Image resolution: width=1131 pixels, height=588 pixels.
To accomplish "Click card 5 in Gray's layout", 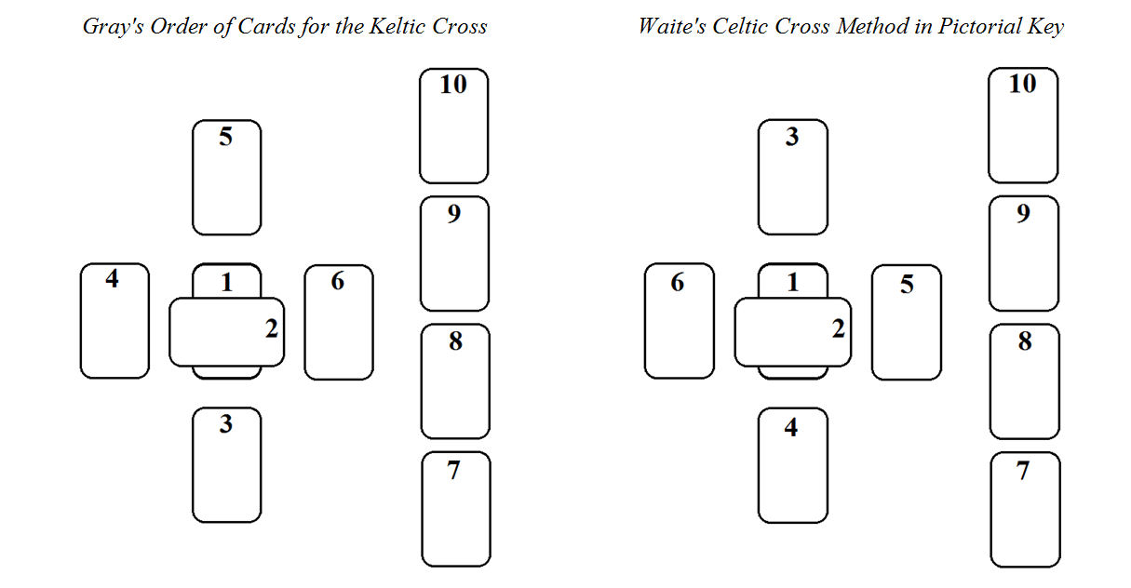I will click(x=226, y=178).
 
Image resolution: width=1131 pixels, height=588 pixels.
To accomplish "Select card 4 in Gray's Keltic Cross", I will click(x=114, y=321).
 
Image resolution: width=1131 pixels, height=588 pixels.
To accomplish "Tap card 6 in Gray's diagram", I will click(x=338, y=323).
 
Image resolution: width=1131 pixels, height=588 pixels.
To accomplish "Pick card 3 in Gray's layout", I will click(x=226, y=465).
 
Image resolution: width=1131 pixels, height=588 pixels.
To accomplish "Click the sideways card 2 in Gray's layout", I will click(x=226, y=332).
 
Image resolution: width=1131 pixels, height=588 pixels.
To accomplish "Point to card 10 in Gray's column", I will click(x=453, y=126).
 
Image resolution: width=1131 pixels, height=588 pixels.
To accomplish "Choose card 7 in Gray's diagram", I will click(x=455, y=509).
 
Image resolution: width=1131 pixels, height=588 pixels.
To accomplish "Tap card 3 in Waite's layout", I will click(x=792, y=178).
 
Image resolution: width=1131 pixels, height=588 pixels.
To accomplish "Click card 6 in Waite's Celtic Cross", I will click(x=679, y=321).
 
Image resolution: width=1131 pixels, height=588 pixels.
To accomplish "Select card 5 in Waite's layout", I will click(x=906, y=323).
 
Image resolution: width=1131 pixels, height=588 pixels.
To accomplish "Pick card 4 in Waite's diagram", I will click(x=792, y=466).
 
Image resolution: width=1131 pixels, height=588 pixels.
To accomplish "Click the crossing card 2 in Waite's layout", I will click(x=792, y=332).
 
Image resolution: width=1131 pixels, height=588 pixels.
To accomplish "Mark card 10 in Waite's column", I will click(x=1022, y=126).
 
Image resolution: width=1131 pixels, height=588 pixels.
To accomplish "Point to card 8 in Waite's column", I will click(x=1024, y=381).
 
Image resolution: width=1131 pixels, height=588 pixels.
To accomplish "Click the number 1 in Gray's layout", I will click(x=226, y=282).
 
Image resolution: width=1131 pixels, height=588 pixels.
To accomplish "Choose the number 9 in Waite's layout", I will click(x=1023, y=214).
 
